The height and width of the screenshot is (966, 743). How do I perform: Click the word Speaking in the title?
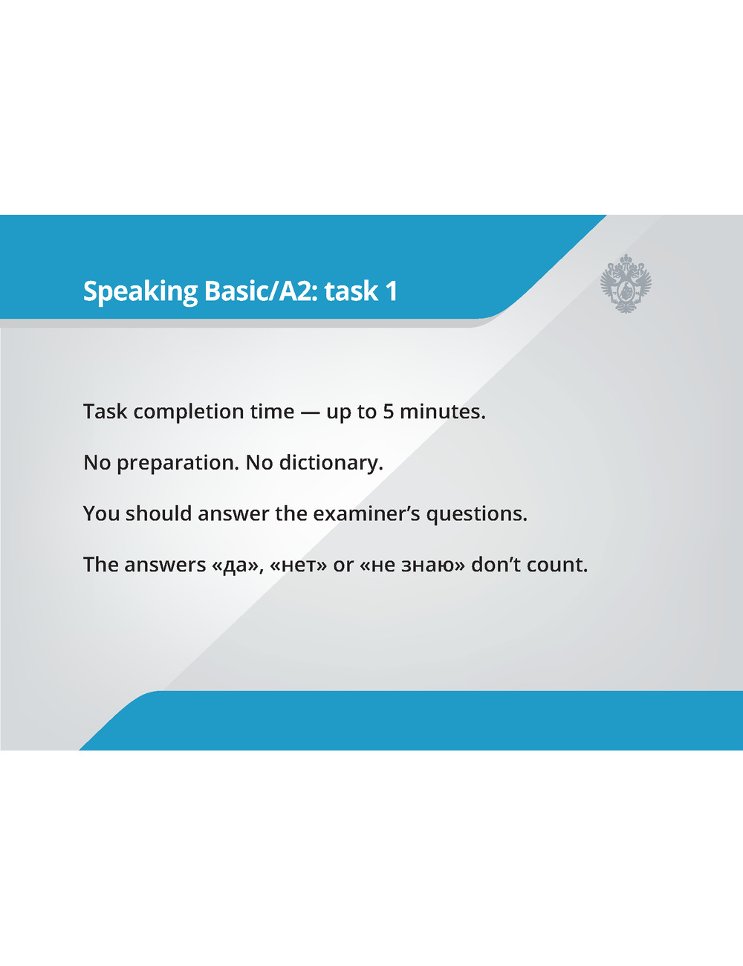click(x=140, y=292)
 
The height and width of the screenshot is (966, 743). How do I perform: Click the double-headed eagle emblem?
click(x=626, y=284)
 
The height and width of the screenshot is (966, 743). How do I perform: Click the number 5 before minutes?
click(x=388, y=412)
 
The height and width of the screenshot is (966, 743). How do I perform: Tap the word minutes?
click(x=443, y=412)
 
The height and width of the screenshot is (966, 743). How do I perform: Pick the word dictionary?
click(x=331, y=463)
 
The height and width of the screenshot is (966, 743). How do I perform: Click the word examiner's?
click(x=366, y=514)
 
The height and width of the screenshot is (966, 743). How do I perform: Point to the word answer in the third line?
click(x=233, y=514)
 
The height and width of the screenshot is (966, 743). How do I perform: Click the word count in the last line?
click(x=557, y=565)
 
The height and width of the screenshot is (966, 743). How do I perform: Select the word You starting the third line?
click(x=101, y=514)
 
